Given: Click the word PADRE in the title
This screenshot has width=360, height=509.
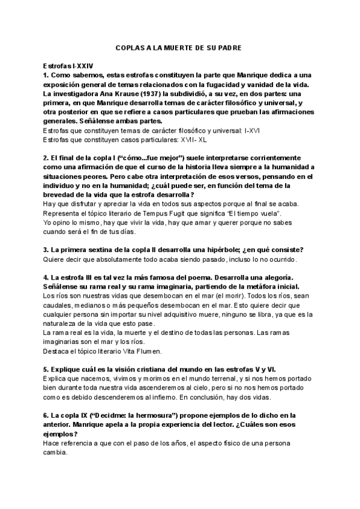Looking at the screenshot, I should [227, 47].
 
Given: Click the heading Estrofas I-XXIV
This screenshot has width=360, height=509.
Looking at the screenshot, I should [68, 64].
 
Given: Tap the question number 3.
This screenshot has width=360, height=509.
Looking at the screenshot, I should [46, 250].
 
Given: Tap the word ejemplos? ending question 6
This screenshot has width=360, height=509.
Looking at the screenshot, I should [60, 435].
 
